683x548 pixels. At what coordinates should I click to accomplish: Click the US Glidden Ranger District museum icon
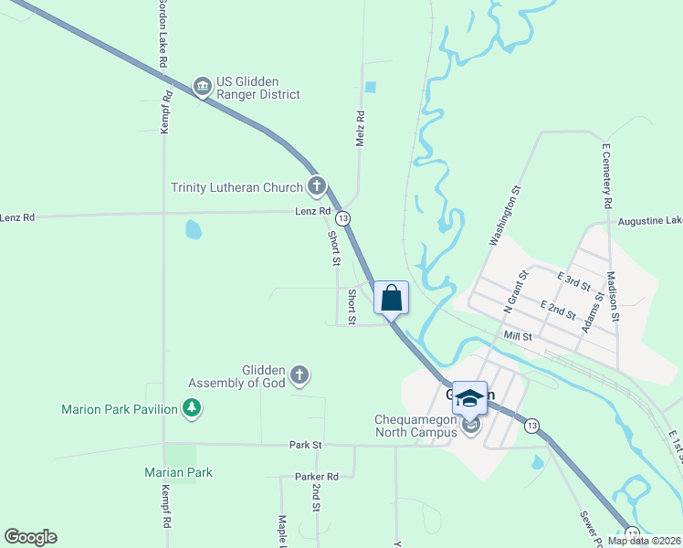pyautogui.click(x=202, y=87)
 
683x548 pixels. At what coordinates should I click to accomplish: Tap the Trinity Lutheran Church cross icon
pyautogui.click(x=317, y=187)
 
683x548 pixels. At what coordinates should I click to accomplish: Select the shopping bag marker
pyautogui.click(x=391, y=298)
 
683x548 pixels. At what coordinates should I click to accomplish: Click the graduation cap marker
pyautogui.click(x=469, y=398)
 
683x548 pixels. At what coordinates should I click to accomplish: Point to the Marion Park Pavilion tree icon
pyautogui.click(x=192, y=408)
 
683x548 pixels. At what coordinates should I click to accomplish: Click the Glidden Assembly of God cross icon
pyautogui.click(x=299, y=374)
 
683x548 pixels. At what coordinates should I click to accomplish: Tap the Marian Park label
pyautogui.click(x=178, y=472)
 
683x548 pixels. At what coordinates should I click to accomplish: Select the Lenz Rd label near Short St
pyautogui.click(x=313, y=211)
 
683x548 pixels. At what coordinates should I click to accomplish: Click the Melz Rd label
pyautogui.click(x=360, y=131)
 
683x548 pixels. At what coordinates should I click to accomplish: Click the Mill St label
pyautogui.click(x=517, y=337)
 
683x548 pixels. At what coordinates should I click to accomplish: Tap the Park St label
pyautogui.click(x=306, y=445)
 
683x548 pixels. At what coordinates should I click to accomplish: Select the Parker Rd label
pyautogui.click(x=317, y=477)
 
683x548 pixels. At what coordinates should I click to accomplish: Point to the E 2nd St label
pyautogui.click(x=557, y=310)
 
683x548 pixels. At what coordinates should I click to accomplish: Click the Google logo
pyautogui.click(x=30, y=537)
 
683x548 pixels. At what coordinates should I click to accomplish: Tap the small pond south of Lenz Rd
pyautogui.click(x=193, y=229)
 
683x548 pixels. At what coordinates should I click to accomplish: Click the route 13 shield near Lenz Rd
pyautogui.click(x=342, y=219)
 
